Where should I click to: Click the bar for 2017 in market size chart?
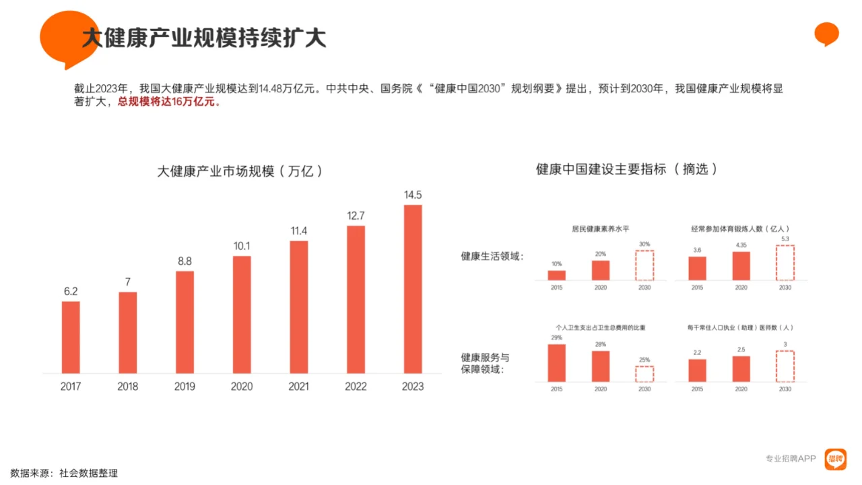(x=71, y=337)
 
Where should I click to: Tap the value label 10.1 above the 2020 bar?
(x=242, y=247)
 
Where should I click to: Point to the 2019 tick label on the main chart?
(x=185, y=387)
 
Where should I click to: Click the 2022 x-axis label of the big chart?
(x=356, y=387)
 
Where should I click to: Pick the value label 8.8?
(x=185, y=261)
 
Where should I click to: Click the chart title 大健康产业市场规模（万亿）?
(x=240, y=172)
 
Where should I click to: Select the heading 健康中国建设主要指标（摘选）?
(x=627, y=169)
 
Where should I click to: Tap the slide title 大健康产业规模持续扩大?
(x=204, y=38)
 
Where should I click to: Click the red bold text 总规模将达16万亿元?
(x=169, y=102)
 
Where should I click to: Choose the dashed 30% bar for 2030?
(x=644, y=265)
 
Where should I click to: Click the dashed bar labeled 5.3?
(x=785, y=263)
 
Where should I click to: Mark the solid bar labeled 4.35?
(x=741, y=266)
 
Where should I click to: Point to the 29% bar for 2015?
(x=556, y=363)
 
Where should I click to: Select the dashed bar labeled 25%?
(x=644, y=374)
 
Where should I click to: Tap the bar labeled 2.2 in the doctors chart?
(x=697, y=370)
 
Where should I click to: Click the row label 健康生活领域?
(x=492, y=257)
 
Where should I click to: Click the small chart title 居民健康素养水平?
(x=600, y=229)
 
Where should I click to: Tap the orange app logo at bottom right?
(x=835, y=459)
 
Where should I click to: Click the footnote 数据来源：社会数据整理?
(x=64, y=474)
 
